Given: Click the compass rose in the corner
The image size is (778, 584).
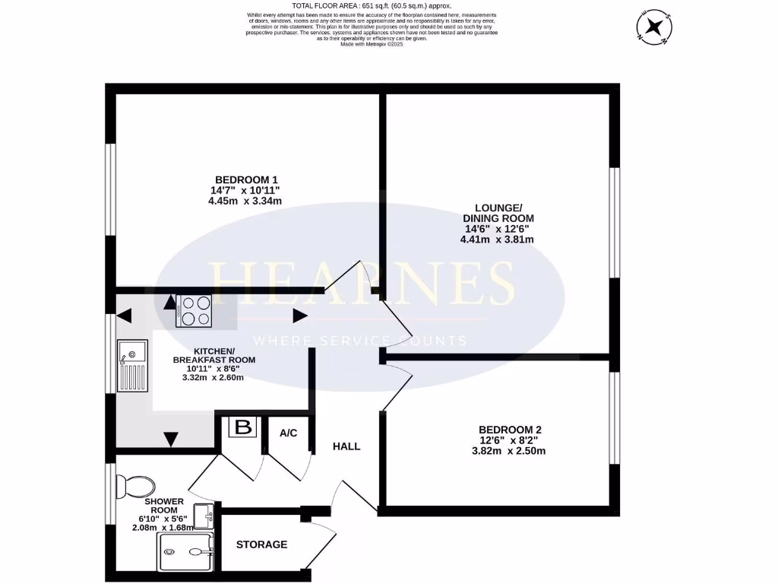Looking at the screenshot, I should click(x=653, y=27).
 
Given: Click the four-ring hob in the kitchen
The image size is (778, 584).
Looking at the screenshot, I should click(x=193, y=310).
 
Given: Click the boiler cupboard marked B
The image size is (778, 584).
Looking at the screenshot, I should click(x=243, y=427).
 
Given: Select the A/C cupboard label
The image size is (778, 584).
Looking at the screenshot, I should click(x=288, y=433).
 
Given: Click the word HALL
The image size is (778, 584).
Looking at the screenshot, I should click(x=346, y=446).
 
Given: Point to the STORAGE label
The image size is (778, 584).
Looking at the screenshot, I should click(x=261, y=544).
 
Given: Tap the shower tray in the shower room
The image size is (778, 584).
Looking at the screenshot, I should click(x=185, y=552).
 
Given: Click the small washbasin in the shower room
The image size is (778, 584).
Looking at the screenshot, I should click(x=204, y=516).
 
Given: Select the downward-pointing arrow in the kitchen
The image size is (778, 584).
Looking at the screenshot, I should click(x=171, y=440).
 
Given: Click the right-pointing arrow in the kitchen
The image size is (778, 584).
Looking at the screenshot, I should click(x=299, y=316).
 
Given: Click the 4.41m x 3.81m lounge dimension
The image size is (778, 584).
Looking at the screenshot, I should click(x=498, y=240).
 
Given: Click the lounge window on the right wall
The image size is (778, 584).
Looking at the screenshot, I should click(x=614, y=222).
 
